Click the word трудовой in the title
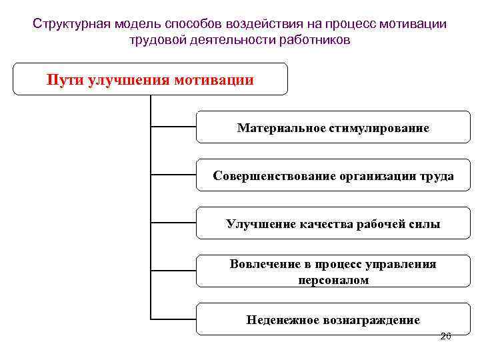pos(155,40)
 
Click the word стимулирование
pos(379,128)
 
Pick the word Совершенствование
pos(268,176)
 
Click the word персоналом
pos(333,280)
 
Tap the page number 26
pos(446,337)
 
